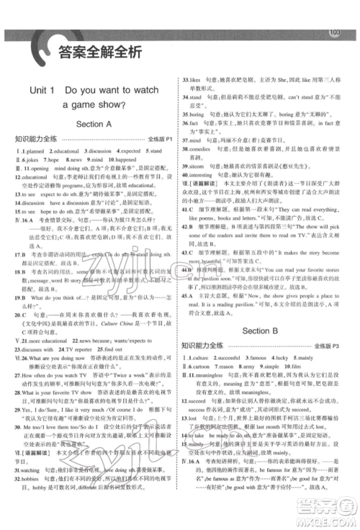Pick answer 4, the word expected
tap(132, 151)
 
